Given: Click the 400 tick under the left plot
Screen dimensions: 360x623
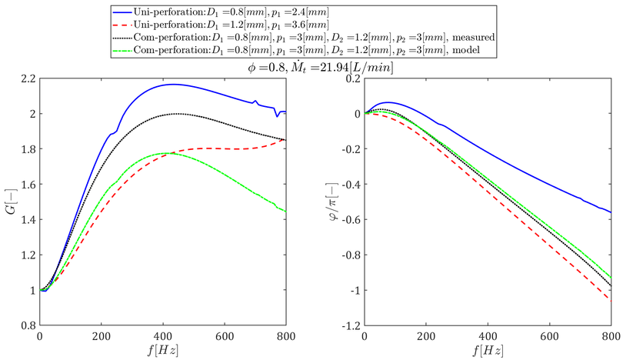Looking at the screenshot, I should click(x=162, y=336).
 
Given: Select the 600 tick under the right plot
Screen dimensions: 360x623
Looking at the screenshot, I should click(x=549, y=336).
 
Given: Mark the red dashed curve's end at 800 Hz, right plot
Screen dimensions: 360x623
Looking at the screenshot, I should click(x=610, y=300).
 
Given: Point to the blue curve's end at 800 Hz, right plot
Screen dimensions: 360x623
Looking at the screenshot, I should click(x=610, y=212).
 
